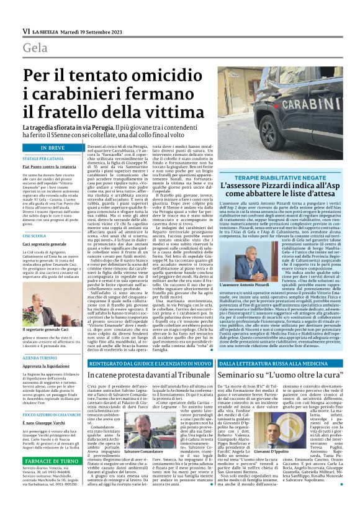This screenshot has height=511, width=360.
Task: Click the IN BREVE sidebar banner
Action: click(53, 148)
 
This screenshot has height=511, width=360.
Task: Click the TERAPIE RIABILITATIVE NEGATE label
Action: click(287, 178)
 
